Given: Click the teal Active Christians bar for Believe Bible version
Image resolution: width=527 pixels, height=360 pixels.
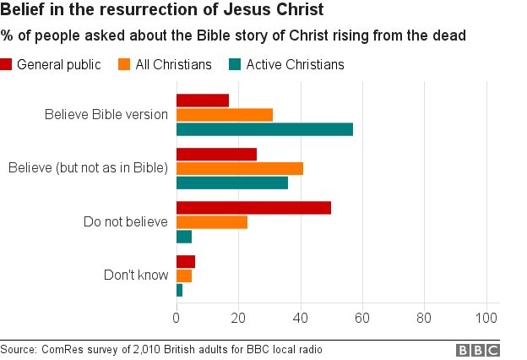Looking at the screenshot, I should tap(264, 129).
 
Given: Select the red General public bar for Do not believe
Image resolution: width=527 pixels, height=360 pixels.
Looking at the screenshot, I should tap(253, 208).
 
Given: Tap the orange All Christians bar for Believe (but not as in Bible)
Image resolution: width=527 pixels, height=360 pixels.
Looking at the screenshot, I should tap(240, 168).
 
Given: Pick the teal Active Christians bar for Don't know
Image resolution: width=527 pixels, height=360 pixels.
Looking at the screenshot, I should tap(179, 290).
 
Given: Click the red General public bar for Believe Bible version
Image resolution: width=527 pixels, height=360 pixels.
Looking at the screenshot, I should tap(203, 101).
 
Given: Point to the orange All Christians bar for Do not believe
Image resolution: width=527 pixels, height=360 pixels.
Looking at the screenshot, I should tap(212, 222).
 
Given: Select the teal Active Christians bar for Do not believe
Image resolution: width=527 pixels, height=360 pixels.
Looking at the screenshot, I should tap(184, 237).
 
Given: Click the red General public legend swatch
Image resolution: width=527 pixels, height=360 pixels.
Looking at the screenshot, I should tap(7, 65).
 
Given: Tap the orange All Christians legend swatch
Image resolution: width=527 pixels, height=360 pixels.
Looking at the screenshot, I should tap(124, 65).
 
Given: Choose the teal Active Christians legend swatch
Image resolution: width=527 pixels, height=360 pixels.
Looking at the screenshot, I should tap(234, 65).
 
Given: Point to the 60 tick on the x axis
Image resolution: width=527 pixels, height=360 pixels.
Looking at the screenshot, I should tap(362, 318).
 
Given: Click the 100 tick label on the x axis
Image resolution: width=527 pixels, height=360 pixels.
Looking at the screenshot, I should tap(486, 318).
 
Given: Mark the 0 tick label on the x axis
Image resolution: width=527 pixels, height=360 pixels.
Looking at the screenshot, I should tap(177, 318).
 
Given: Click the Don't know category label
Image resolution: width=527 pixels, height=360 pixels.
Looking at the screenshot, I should tap(136, 275).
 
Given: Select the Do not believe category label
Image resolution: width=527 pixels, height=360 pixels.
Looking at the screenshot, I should tap(126, 222).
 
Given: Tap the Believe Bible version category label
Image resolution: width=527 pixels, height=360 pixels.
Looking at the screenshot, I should tap(106, 115).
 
